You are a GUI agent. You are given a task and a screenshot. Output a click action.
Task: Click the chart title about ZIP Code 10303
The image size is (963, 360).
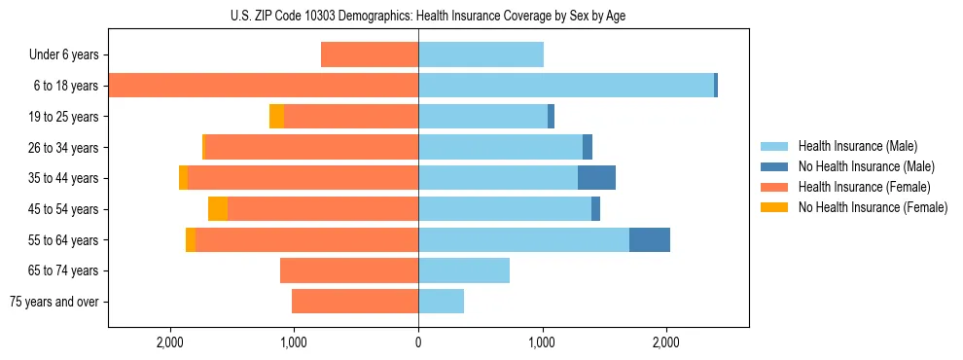[428, 16]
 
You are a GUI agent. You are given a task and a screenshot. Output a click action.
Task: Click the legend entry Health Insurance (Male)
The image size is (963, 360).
[857, 146]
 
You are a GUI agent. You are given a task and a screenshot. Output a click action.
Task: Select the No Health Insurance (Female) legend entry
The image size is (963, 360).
[873, 207]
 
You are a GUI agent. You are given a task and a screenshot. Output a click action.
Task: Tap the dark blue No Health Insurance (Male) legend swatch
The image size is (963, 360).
[775, 166]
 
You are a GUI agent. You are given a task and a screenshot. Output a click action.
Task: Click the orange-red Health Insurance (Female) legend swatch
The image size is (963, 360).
[775, 187]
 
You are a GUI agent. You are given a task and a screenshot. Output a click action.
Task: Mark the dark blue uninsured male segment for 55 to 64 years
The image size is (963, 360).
[650, 239]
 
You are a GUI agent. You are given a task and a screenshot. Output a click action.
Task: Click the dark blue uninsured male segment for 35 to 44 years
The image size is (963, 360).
[596, 178]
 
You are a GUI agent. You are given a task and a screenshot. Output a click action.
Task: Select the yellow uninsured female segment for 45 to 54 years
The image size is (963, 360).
[218, 209]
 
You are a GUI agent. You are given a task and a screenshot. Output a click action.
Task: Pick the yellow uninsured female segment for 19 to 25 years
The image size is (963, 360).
[277, 117]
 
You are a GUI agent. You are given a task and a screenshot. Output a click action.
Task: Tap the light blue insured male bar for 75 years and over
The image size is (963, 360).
[441, 302]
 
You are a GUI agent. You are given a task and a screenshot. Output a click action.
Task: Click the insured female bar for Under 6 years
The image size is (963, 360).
[370, 55]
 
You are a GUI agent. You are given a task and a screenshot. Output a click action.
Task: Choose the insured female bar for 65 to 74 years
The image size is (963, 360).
[349, 270]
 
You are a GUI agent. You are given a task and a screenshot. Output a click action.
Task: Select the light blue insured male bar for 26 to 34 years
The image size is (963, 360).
[500, 147]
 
